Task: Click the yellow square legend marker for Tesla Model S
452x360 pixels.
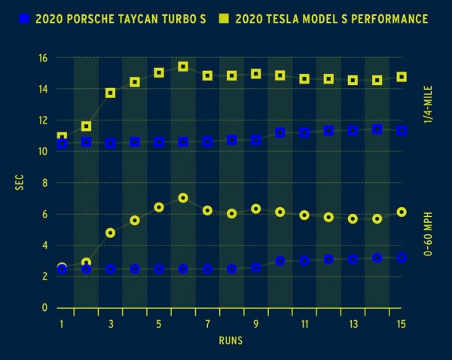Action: [x=222, y=18]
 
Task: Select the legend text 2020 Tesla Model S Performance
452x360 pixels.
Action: [x=331, y=18]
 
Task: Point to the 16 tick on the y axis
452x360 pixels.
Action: [x=43, y=58]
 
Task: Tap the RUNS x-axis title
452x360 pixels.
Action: [x=231, y=340]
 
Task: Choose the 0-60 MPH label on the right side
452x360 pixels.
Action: [x=428, y=229]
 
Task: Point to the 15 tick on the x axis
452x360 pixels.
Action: [x=401, y=324]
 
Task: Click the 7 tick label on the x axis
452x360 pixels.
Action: [x=207, y=324]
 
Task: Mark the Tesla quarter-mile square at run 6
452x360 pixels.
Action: [x=183, y=67]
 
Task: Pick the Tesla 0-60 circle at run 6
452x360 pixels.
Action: [x=183, y=198]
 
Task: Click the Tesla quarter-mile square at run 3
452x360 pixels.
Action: [x=111, y=93]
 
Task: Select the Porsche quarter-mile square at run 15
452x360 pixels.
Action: [x=402, y=130]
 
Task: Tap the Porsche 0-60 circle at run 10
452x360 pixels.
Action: [x=280, y=261]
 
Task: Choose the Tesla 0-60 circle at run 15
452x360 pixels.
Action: [x=402, y=212]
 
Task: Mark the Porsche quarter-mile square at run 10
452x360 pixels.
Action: [x=280, y=133]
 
